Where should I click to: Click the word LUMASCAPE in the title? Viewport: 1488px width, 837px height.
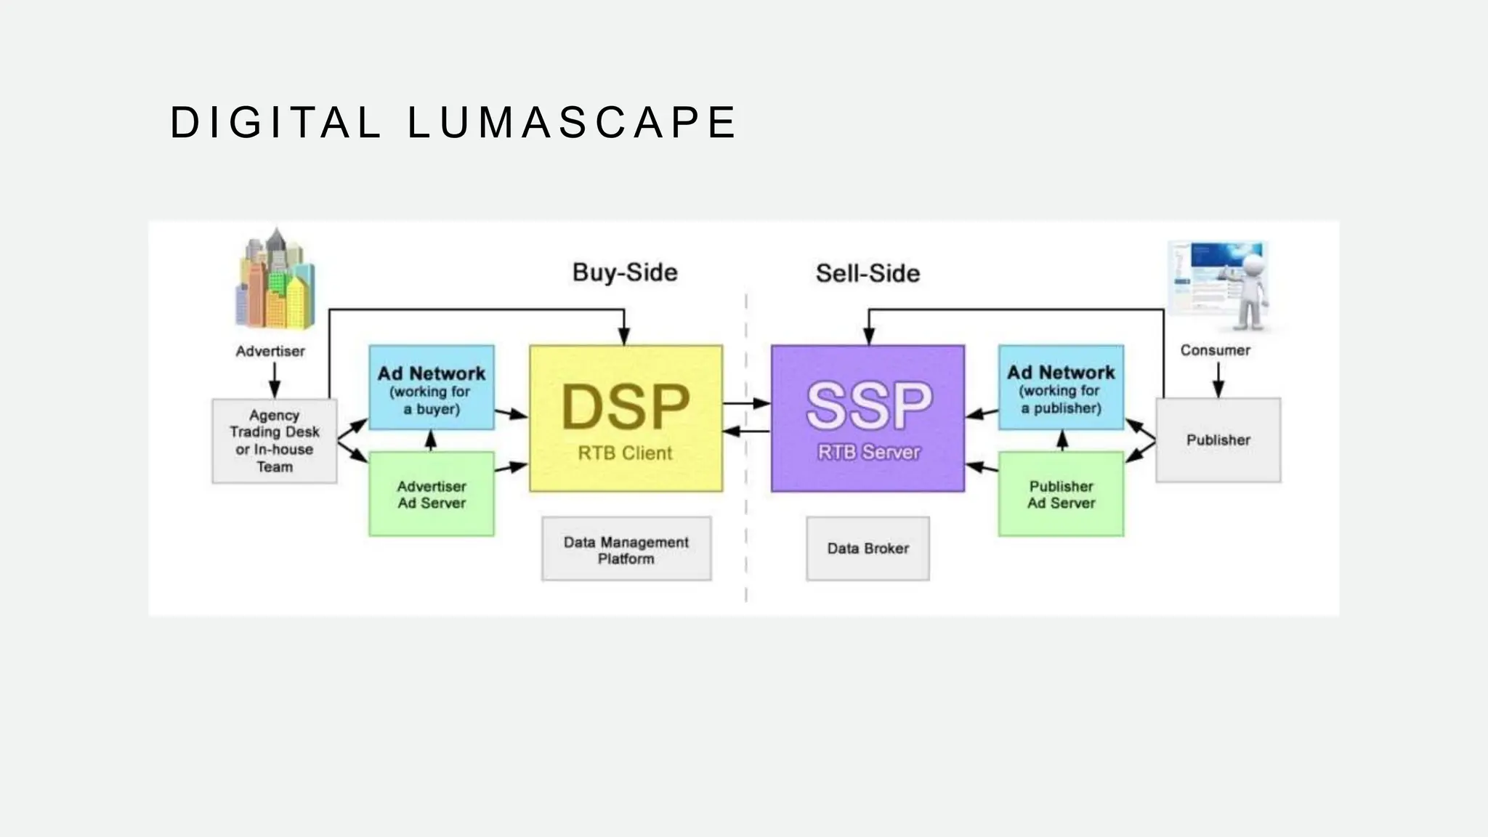point(572,122)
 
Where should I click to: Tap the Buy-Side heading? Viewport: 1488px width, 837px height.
point(625,272)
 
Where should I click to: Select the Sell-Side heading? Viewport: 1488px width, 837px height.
point(868,273)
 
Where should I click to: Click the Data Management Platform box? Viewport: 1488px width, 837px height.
point(626,549)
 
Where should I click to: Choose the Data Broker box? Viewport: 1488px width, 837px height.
point(868,549)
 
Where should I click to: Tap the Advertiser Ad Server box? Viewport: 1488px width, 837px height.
point(432,494)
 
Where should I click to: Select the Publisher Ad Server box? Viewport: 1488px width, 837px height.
point(1061,494)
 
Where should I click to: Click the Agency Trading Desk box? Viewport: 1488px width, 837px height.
point(274,440)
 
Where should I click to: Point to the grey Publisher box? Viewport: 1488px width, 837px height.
point(1218,440)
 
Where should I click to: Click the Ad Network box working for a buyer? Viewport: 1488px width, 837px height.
point(432,388)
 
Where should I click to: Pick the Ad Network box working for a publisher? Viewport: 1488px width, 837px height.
point(1061,388)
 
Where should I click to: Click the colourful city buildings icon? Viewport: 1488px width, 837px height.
point(275,282)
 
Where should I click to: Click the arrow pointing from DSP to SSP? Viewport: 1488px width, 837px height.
point(746,403)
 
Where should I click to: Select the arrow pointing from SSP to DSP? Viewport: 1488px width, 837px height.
point(746,432)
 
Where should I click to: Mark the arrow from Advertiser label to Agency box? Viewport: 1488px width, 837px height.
point(274,379)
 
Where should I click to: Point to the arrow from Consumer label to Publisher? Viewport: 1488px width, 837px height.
point(1218,379)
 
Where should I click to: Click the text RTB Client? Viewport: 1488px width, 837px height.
point(625,453)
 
